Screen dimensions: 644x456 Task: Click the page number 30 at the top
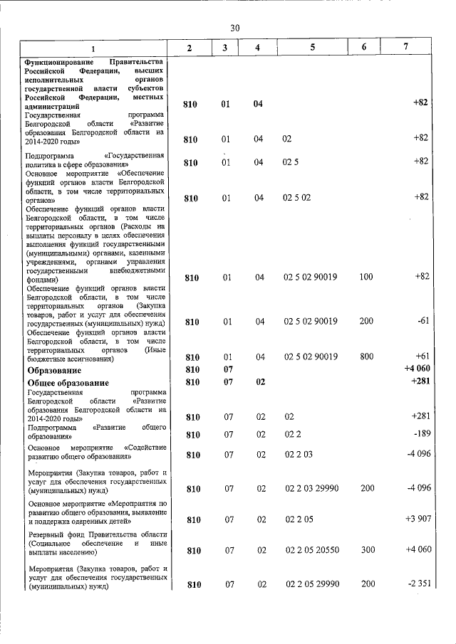(x=235, y=27)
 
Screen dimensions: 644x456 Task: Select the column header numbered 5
(x=312, y=47)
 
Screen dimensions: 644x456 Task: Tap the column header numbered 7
(x=406, y=47)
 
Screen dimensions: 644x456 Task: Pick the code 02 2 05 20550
(x=311, y=551)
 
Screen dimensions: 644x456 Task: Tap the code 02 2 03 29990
(x=311, y=489)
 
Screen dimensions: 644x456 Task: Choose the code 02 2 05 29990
(x=311, y=584)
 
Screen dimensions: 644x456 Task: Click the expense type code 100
(x=366, y=277)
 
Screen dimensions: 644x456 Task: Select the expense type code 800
(x=366, y=357)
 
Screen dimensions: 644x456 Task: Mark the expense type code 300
(x=366, y=551)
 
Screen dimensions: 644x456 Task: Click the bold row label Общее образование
(x=63, y=384)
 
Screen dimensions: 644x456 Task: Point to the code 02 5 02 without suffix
(x=297, y=197)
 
